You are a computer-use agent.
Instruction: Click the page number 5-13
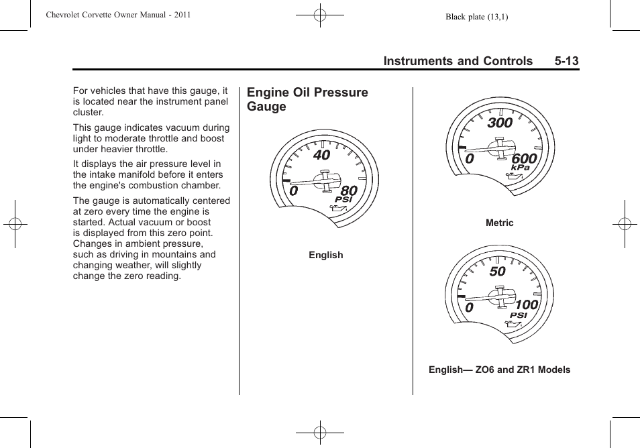pyautogui.click(x=566, y=61)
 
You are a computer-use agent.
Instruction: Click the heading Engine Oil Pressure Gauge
pyautogui.click(x=307, y=99)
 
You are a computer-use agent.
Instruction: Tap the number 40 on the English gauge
pyautogui.click(x=321, y=155)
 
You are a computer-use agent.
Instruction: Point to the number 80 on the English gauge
pyautogui.click(x=349, y=191)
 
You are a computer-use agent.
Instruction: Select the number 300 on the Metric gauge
pyautogui.click(x=500, y=123)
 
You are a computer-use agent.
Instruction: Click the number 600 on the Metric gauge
pyautogui.click(x=524, y=159)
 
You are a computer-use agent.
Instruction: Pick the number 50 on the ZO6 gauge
pyautogui.click(x=497, y=272)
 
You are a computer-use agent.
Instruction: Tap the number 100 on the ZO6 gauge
pyautogui.click(x=527, y=306)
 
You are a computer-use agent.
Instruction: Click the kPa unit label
pyautogui.click(x=521, y=168)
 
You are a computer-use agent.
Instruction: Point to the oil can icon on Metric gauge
pyautogui.click(x=513, y=178)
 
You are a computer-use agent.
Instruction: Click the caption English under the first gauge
pyautogui.click(x=326, y=255)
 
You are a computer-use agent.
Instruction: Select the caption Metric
pyautogui.click(x=500, y=223)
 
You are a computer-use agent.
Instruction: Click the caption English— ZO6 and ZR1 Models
pyautogui.click(x=500, y=370)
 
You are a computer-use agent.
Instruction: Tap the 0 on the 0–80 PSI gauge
pyautogui.click(x=294, y=192)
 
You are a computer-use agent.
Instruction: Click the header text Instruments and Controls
pyautogui.click(x=458, y=61)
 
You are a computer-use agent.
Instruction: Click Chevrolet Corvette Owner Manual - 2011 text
pyautogui.click(x=118, y=15)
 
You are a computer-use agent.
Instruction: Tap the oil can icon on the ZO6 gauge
pyautogui.click(x=512, y=326)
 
